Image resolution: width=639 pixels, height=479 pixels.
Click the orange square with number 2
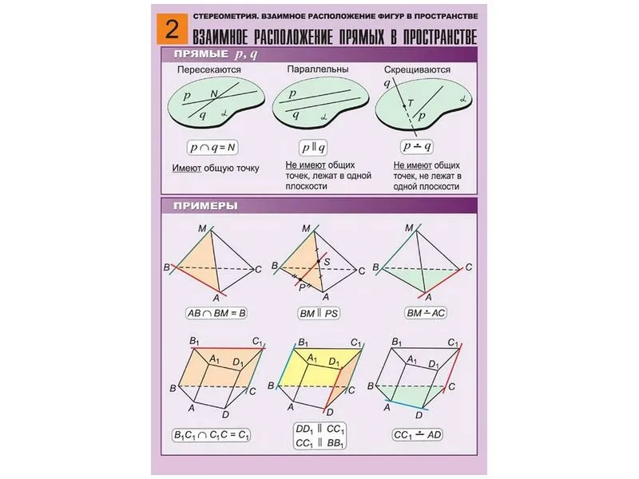172,29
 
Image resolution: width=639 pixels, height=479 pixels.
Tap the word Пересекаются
209,69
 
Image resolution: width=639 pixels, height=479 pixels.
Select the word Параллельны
318,69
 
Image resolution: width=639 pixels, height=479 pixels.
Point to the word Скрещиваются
417,69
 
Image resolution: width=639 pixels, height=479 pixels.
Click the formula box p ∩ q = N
212,148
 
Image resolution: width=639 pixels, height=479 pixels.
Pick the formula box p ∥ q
313,148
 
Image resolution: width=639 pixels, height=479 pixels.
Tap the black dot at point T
404,106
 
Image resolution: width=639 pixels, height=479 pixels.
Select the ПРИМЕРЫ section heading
205,206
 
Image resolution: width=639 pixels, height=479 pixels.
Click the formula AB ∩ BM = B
216,313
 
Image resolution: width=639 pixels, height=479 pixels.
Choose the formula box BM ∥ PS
319,313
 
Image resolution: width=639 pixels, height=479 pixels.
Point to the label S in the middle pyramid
327,262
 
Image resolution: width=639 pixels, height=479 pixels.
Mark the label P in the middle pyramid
302,288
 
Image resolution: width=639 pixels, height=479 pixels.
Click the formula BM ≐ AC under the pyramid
426,313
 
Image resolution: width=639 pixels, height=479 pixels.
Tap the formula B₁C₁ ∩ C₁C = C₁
211,435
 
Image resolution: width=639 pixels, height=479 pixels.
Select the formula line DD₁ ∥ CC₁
320,430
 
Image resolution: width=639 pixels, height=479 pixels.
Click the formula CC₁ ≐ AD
418,434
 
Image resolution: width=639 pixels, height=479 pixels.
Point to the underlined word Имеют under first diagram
187,168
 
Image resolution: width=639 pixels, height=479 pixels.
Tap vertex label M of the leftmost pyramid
202,228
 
